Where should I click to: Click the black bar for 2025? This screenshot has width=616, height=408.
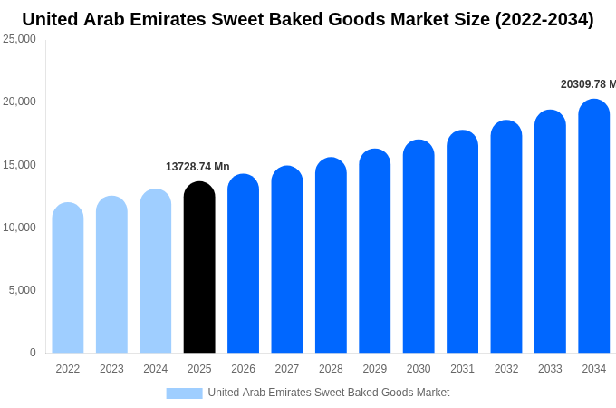pyautogui.click(x=199, y=267)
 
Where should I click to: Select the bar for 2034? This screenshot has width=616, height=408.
pyautogui.click(x=593, y=227)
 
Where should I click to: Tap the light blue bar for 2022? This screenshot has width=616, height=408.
pyautogui.click(x=68, y=277)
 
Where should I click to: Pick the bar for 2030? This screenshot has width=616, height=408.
pyautogui.click(x=419, y=247)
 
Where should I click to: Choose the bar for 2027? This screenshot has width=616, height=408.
pyautogui.click(x=287, y=259)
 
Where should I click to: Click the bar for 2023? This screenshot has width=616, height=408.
pyautogui.click(x=111, y=275)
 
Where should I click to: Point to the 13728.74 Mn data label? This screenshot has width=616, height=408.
pyautogui.click(x=197, y=167)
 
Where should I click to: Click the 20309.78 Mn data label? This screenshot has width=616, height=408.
pyautogui.click(x=588, y=84)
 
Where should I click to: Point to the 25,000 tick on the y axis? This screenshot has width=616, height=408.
pyautogui.click(x=19, y=39)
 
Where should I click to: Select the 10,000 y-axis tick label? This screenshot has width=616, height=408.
pyautogui.click(x=19, y=228)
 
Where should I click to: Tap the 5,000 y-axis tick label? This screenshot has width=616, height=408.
pyautogui.click(x=22, y=290)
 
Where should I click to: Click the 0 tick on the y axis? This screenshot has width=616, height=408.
pyautogui.click(x=33, y=353)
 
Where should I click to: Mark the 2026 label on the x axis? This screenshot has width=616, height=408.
pyautogui.click(x=243, y=369)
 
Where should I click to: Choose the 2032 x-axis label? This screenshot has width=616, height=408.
pyautogui.click(x=506, y=369)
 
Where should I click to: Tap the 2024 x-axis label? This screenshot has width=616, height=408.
pyautogui.click(x=155, y=369)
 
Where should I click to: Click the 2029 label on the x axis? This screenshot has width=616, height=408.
pyautogui.click(x=374, y=369)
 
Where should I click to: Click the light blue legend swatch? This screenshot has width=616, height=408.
pyautogui.click(x=184, y=393)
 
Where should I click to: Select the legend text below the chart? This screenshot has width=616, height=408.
pyautogui.click(x=328, y=393)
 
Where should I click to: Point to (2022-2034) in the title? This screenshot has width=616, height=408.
pyautogui.click(x=544, y=19)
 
